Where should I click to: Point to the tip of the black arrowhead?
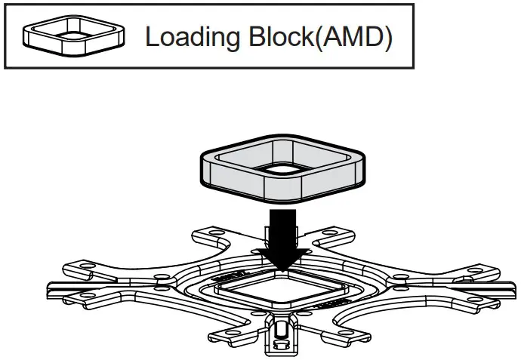(x=281, y=269)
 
